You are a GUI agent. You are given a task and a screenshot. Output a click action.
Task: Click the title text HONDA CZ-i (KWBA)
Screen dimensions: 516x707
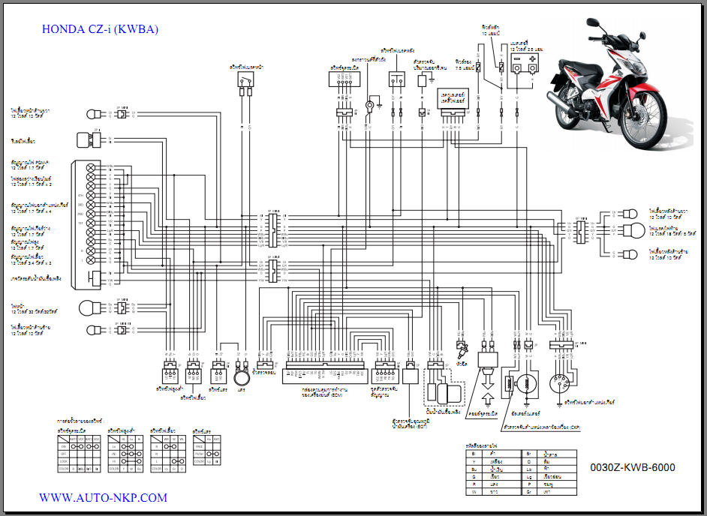point(100,30)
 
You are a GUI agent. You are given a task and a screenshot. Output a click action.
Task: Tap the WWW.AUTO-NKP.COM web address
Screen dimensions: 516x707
point(103,497)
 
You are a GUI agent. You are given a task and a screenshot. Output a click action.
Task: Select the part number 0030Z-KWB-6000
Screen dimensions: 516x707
point(632,468)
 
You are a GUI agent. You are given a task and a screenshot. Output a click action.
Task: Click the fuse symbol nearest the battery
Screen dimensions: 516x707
point(501,67)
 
